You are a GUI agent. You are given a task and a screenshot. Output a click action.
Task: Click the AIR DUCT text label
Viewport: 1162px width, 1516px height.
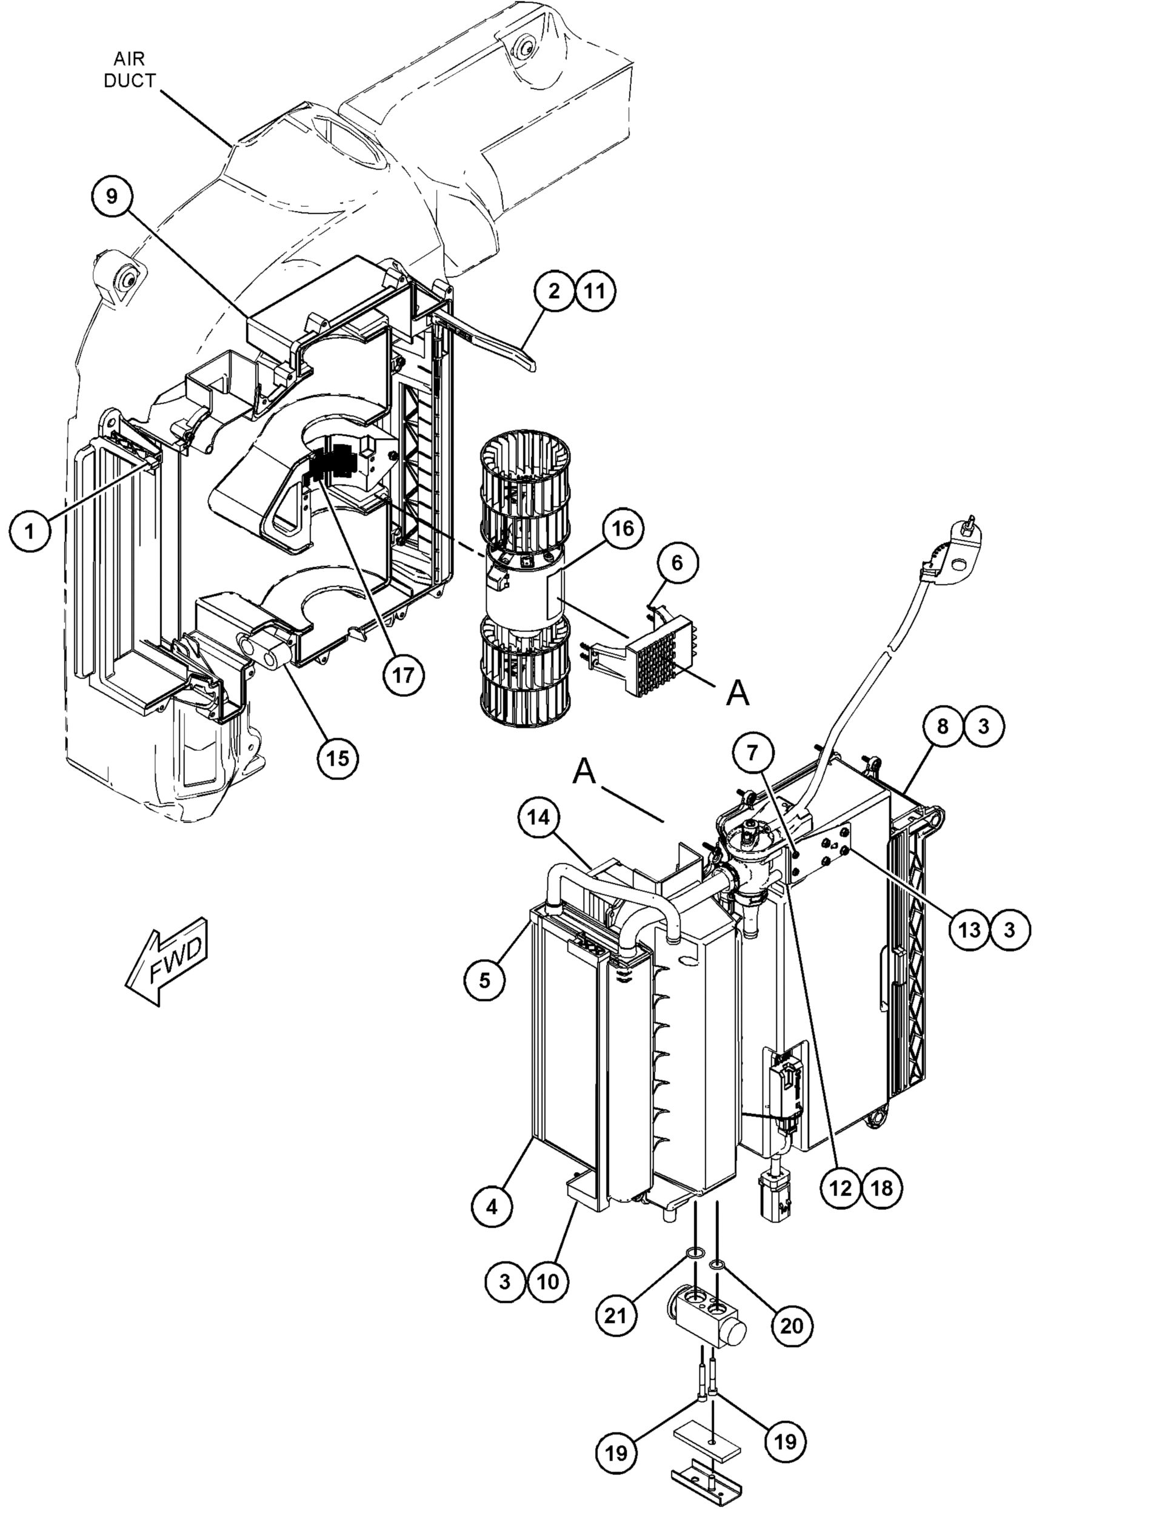click(129, 69)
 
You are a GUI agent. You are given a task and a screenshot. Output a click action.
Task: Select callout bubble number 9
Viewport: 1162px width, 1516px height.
click(112, 196)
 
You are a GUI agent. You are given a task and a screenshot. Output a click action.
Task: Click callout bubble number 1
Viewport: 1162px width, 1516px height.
click(29, 531)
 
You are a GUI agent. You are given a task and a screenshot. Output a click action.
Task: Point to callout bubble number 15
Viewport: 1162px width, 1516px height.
click(337, 759)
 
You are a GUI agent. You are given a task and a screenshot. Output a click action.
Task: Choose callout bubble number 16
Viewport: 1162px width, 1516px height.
click(622, 529)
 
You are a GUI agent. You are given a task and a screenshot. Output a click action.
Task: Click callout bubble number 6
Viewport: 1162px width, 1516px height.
click(676, 563)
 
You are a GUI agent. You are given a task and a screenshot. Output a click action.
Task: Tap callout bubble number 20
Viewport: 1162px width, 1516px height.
click(792, 1326)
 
